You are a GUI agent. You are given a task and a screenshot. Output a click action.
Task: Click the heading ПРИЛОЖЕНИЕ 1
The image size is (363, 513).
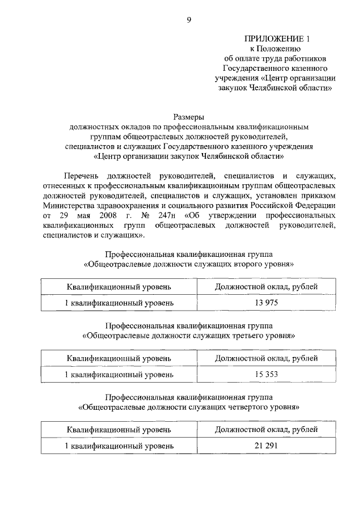point(277,39)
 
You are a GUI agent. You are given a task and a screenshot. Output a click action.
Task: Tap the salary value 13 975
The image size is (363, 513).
point(266,303)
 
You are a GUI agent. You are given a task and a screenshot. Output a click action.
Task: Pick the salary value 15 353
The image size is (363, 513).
point(266,375)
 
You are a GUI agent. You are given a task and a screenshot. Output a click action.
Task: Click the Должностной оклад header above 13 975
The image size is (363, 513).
point(266,287)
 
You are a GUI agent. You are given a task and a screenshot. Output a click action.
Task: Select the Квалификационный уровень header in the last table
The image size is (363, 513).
point(119,430)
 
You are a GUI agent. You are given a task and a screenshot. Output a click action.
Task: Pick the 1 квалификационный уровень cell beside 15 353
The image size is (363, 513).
point(119,375)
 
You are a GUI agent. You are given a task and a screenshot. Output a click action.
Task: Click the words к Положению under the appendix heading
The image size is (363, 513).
point(278,49)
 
